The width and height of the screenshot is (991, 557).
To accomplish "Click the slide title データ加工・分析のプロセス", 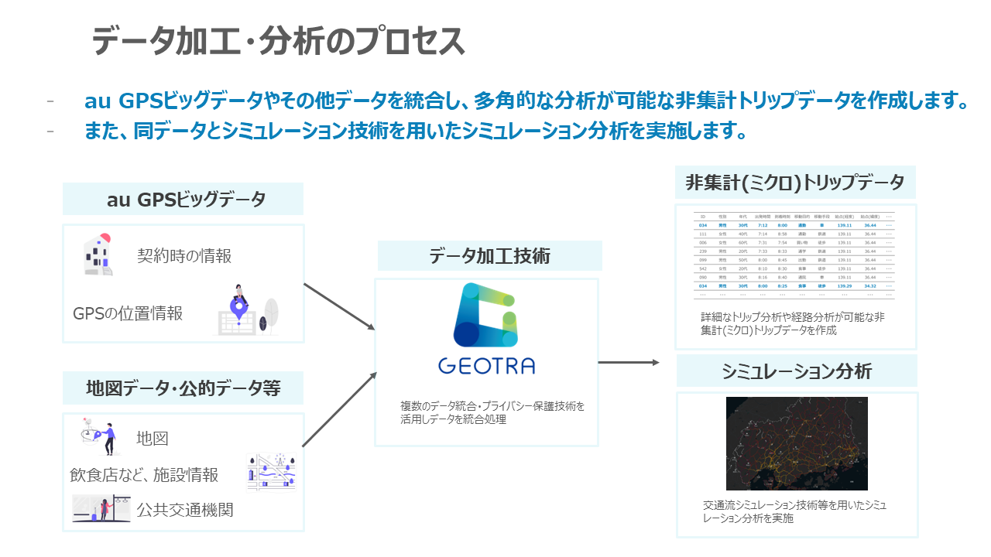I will coord(279,40).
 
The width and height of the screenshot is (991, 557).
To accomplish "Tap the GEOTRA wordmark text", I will coord(486,365).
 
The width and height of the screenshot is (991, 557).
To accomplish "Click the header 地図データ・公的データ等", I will coord(183,388).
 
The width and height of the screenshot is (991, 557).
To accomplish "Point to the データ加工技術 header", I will coord(489,256).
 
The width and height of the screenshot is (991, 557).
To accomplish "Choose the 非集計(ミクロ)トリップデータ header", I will coord(795,183).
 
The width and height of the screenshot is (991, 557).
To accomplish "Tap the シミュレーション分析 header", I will coord(797,371).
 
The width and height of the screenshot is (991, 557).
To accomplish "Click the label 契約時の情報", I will coord(184,256).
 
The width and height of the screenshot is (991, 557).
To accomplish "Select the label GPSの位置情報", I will coord(128,313).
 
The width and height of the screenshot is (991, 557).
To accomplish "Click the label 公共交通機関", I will coord(185,510).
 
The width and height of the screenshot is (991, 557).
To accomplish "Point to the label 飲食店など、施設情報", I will coord(144,475).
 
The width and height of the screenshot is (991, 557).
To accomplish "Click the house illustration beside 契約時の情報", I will coord(98,255).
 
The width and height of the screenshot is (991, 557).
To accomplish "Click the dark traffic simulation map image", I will coord(797,443).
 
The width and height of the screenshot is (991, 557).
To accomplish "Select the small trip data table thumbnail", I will coord(796,255).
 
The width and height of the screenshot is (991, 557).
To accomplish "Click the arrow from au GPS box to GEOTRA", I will coord(339,307).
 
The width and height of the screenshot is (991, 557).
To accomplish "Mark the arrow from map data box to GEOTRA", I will coord(339,410).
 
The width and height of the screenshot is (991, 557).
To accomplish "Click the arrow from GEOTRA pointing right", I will coord(629,362).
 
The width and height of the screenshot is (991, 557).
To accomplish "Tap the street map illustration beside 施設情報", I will coord(272,470).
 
